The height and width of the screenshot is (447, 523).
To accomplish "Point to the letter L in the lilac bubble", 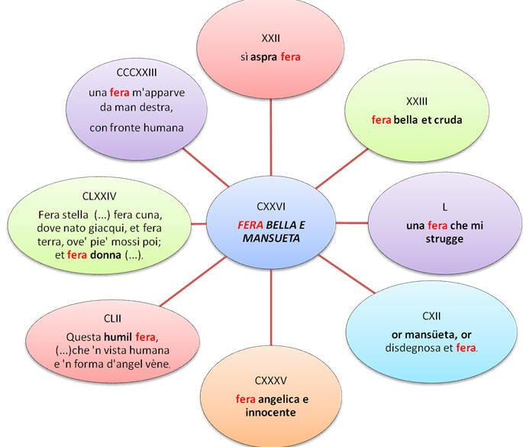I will [x=444, y=207].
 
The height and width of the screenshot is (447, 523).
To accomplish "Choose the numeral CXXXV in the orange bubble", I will [x=270, y=379].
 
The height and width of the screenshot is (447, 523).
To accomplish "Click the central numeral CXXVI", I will [x=270, y=206].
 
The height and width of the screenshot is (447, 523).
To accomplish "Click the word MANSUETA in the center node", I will [x=270, y=238].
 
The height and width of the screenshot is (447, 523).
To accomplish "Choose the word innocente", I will [x=270, y=413].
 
